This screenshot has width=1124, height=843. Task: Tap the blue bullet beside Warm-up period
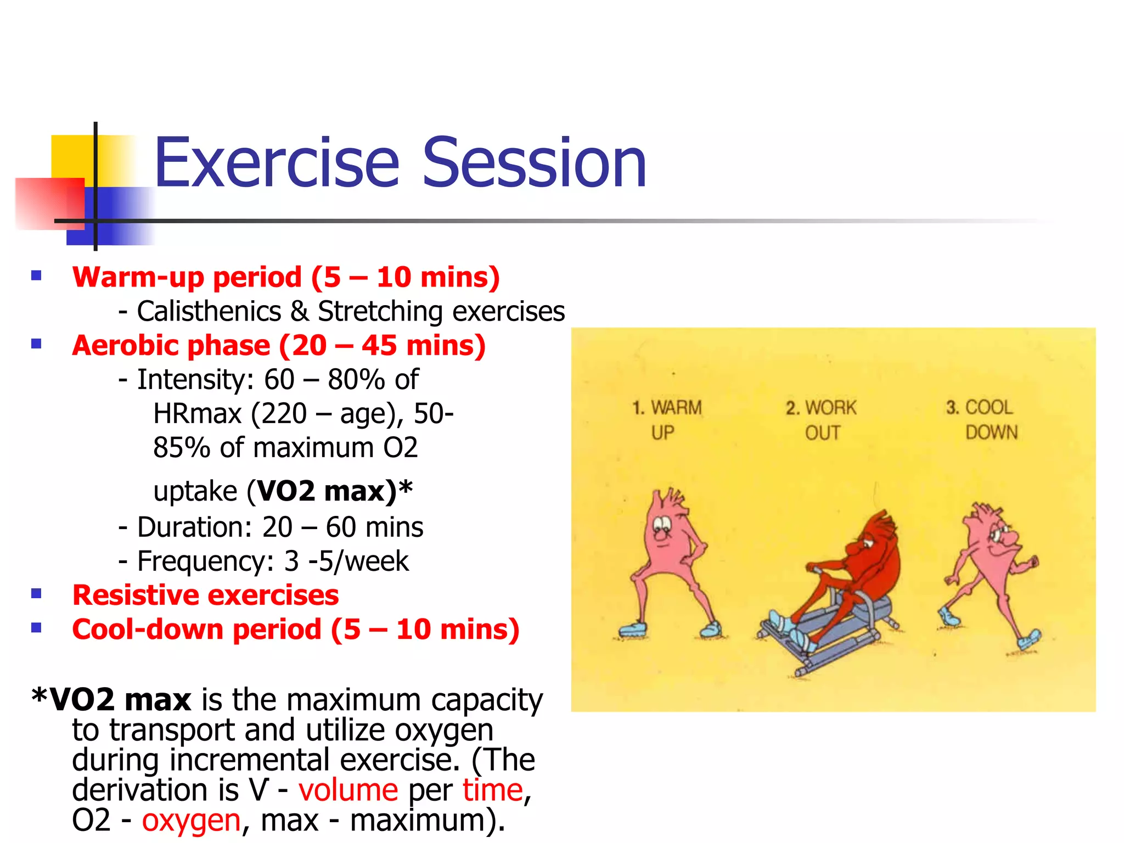click(x=37, y=276)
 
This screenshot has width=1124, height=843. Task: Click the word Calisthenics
click(x=209, y=311)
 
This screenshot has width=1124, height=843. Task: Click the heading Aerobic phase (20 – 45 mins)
click(x=279, y=346)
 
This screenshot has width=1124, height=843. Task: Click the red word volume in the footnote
click(x=348, y=790)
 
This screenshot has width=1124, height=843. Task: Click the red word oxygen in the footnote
click(x=191, y=820)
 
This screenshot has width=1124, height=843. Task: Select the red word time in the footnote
click(x=492, y=790)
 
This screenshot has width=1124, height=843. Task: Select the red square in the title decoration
click(x=49, y=203)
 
